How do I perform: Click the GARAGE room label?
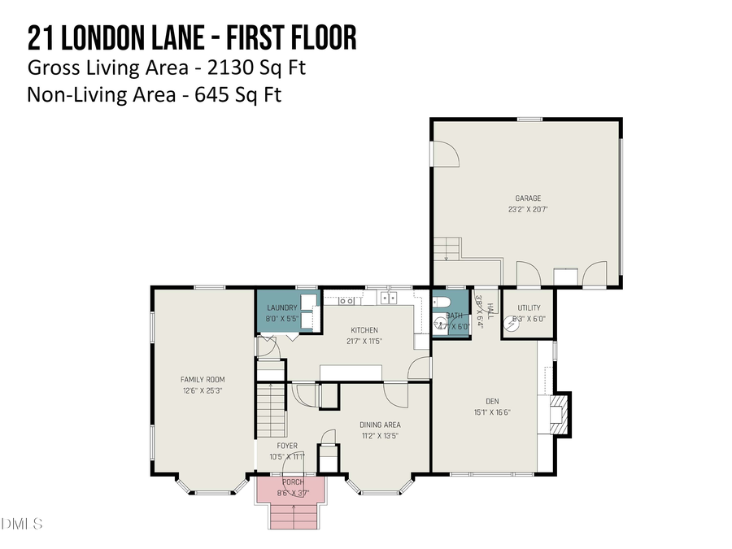[x=527, y=198]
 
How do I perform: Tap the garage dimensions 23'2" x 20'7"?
[x=527, y=209]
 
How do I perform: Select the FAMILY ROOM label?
[x=203, y=379]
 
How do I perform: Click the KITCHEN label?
[x=364, y=329]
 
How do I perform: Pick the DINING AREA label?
[x=380, y=424]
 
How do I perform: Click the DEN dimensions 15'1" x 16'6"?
[x=492, y=412]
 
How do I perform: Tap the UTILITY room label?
[x=529, y=307]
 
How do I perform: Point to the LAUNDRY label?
[x=281, y=307]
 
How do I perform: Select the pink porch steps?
[x=291, y=516]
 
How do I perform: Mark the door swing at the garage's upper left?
[x=446, y=154]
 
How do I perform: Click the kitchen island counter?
[x=351, y=372]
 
